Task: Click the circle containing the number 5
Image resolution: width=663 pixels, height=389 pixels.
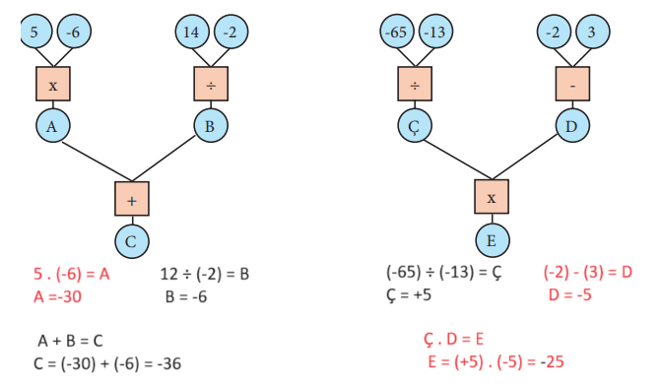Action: (x=34, y=32)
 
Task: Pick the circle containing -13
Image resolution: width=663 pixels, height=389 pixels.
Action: (x=434, y=32)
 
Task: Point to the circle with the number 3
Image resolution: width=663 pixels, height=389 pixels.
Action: (x=592, y=32)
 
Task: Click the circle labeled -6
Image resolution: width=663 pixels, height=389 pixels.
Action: (x=73, y=32)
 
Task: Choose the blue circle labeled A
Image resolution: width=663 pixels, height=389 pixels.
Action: (x=52, y=126)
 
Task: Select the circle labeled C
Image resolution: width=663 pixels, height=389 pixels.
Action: (x=131, y=239)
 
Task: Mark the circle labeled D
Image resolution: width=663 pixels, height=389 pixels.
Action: (x=571, y=126)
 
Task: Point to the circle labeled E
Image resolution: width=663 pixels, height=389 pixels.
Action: (x=492, y=239)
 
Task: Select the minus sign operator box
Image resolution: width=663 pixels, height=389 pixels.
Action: (x=572, y=85)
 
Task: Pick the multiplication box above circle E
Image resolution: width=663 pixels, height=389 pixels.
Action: (x=492, y=198)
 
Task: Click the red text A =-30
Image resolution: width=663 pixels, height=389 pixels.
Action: (x=57, y=294)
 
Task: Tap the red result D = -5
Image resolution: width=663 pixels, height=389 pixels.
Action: (x=569, y=294)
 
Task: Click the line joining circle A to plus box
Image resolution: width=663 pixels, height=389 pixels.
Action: (x=90, y=162)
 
